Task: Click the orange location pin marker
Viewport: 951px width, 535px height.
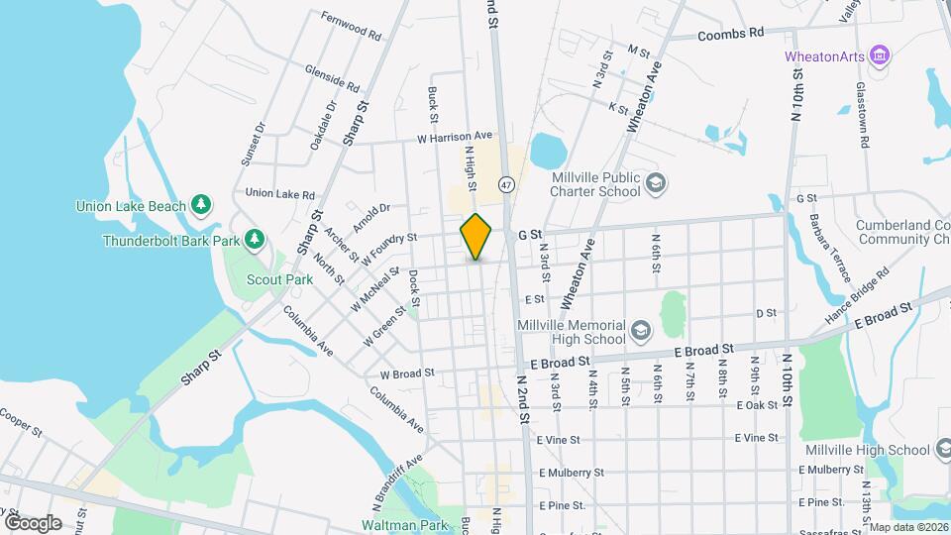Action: [476, 236]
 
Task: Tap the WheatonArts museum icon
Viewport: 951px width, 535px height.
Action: [878, 55]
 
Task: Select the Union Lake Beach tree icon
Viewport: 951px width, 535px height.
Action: [201, 204]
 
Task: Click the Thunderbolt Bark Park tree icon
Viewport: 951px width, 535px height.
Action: [255, 239]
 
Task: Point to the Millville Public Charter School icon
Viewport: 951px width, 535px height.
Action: [655, 183]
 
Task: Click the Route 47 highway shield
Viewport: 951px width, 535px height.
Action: [506, 184]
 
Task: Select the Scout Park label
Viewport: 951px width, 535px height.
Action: [280, 279]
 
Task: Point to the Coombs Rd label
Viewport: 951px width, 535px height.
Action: [731, 33]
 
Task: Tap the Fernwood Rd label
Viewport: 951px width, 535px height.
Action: [351, 26]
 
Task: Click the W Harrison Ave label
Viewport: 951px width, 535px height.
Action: [454, 136]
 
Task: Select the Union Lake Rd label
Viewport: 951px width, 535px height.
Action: [279, 194]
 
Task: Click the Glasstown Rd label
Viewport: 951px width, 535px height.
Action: [863, 115]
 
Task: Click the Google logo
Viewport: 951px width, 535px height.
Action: [33, 522]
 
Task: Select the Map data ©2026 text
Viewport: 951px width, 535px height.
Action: [907, 527]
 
